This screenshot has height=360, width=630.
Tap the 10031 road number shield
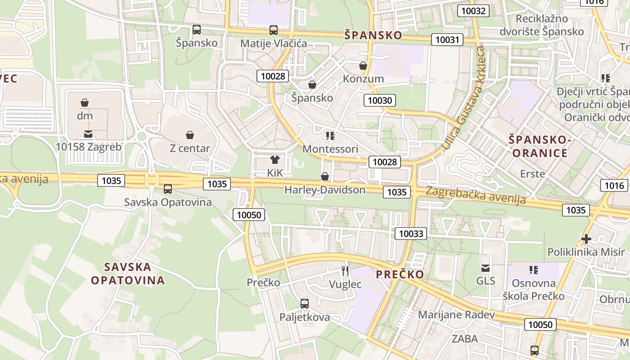coord(447,40)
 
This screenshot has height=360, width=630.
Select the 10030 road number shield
coord(380,100)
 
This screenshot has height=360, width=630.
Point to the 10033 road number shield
coord(411,233)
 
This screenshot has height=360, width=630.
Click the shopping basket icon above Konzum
coord(363,66)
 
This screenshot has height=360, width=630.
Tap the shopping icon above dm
coord(85,103)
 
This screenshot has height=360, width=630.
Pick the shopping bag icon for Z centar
coord(190,135)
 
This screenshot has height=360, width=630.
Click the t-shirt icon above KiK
coord(274,159)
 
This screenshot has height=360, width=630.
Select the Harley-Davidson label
coord(325,190)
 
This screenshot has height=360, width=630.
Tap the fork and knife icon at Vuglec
coord(345,270)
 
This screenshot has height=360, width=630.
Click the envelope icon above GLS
coord(485,268)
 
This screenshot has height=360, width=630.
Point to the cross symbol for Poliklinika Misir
coord(586,239)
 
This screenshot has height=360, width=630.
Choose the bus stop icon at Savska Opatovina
coord(168,189)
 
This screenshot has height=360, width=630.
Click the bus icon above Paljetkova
coord(305,303)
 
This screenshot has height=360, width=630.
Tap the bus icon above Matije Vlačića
coord(274,30)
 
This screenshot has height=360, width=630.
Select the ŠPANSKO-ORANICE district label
coord(540,146)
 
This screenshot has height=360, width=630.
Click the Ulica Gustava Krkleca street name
coord(463,98)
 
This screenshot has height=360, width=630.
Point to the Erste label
coord(532,174)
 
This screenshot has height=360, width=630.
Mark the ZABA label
coord(465,339)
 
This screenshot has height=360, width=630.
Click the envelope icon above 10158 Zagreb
coord(88,134)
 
